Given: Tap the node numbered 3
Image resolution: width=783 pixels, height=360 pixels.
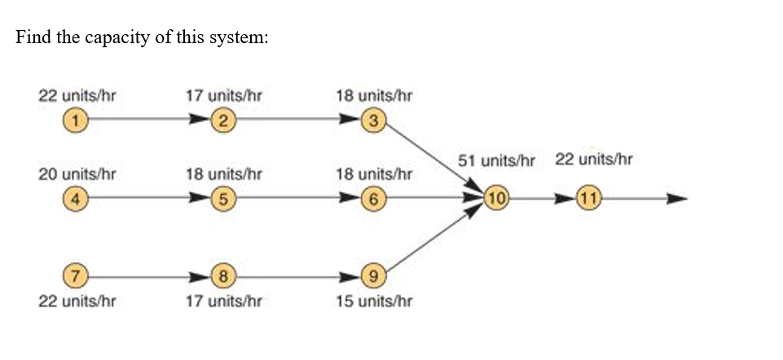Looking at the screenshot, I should [x=372, y=121].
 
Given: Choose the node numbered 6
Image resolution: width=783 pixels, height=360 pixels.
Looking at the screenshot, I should [x=372, y=198].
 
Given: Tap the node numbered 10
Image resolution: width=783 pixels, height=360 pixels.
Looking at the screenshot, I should [x=497, y=198].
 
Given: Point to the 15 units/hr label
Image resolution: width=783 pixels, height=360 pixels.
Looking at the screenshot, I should [x=374, y=301].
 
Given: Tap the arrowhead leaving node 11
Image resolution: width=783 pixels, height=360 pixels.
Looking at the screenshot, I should [x=678, y=198].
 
